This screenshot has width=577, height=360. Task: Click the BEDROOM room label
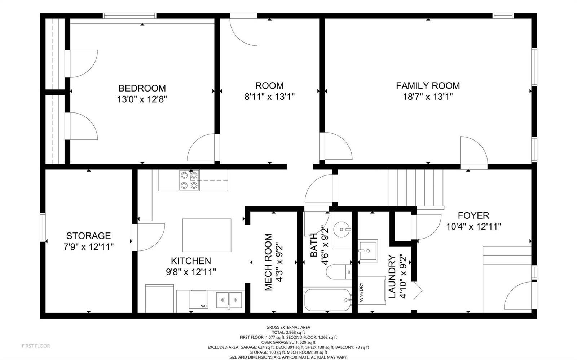142,88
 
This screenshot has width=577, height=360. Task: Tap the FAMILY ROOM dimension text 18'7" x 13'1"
428,97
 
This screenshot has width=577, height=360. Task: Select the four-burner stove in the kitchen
189,180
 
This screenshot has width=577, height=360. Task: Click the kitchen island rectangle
207,235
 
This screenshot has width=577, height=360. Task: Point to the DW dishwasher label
204,306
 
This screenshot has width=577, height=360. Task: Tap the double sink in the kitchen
229,300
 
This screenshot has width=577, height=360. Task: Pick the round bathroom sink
342,229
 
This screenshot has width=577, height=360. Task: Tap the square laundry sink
368,251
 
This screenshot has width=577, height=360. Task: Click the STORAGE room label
89,236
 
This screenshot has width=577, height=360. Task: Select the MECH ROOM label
268,262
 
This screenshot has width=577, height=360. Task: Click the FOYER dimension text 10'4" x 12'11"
474,227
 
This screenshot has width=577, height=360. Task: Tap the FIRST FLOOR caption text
36,346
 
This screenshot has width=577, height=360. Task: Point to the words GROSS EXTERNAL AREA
288,327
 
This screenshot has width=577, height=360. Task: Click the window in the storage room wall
43,227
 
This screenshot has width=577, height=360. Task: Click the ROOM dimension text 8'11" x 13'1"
269,97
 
